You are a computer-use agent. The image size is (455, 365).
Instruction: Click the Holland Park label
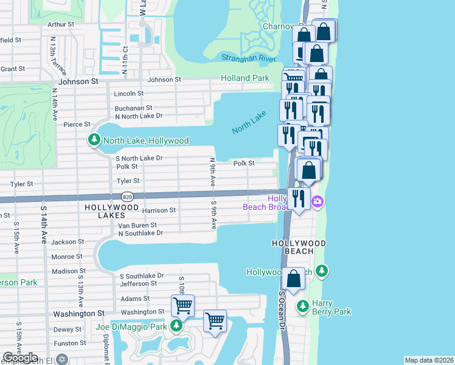245,78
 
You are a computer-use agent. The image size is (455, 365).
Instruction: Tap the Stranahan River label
249,58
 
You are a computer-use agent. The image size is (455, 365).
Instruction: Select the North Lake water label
249,122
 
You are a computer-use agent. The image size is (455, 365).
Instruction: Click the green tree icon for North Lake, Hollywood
94,141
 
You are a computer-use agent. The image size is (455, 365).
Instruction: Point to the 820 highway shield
127,196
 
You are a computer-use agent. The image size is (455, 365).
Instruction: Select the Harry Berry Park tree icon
302,306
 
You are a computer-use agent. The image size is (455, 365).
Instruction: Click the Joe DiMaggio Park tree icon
176,327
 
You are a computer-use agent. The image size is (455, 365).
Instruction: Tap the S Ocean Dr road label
282,310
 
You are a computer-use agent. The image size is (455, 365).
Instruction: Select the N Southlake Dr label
141,233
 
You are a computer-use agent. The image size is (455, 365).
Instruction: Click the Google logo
20,358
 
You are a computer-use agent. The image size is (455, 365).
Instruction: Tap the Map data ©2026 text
428,360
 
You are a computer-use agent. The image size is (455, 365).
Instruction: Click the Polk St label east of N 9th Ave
243,163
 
